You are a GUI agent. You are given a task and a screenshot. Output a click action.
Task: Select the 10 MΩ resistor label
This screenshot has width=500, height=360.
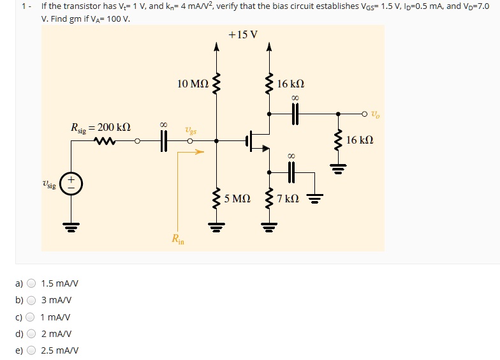click(193, 84)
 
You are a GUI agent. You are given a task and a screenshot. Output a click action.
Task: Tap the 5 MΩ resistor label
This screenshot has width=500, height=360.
click(237, 199)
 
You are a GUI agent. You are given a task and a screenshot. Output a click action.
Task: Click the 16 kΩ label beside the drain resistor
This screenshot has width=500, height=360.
click(291, 84)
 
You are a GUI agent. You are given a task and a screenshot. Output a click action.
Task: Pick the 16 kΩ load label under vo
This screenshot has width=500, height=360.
click(360, 139)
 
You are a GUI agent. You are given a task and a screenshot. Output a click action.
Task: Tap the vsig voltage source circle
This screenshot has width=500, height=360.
click(71, 184)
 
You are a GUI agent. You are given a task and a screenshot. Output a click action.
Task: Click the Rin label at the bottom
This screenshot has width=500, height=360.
click(178, 240)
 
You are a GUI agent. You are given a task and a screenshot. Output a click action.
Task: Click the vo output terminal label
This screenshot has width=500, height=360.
click(377, 115)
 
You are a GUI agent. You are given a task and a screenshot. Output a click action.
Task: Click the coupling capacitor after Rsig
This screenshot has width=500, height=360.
click(163, 142)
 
